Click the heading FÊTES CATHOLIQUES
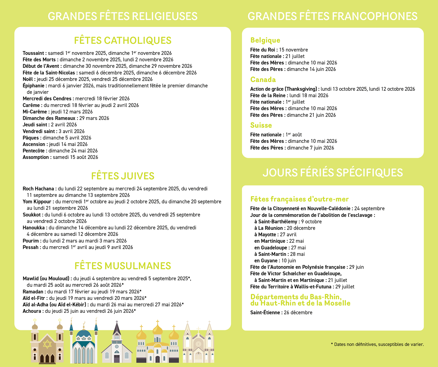tap(123, 40)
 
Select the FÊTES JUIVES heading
tap(123, 176)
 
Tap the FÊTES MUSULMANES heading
tap(123, 266)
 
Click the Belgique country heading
tap(265, 40)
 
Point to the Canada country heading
tap(263, 79)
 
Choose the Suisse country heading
tap(261, 125)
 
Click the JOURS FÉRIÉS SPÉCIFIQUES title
tap(332, 172)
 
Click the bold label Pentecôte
tap(35, 151)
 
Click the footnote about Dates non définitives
tap(377, 344)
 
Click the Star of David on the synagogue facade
tap(47, 344)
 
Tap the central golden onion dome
tap(157, 329)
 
